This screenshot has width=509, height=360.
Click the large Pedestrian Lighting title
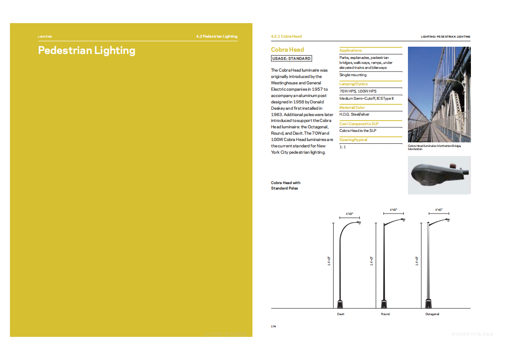[87, 50]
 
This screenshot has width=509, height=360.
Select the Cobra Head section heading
[287, 49]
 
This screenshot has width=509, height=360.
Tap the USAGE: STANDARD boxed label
[291, 58]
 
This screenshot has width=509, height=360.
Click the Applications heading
[350, 50]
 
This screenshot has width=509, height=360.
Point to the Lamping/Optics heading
[354, 84]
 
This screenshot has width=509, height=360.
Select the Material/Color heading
[352, 107]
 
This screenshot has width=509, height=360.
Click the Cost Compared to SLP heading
[359, 124]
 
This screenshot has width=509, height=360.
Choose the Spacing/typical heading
[353, 140]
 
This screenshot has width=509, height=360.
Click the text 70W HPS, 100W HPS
[358, 91]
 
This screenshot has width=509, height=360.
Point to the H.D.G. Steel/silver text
[354, 114]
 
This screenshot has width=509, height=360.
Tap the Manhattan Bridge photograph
[439, 94]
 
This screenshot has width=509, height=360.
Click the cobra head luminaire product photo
[439, 175]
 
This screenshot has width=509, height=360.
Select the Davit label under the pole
[340, 314]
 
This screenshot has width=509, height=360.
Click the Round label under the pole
[385, 314]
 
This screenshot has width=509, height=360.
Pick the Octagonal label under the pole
[432, 314]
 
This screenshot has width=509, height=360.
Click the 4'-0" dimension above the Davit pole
[349, 214]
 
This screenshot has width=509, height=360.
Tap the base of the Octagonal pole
[428, 303]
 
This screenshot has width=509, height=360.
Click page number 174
[273, 326]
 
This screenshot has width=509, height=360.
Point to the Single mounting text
[353, 75]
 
